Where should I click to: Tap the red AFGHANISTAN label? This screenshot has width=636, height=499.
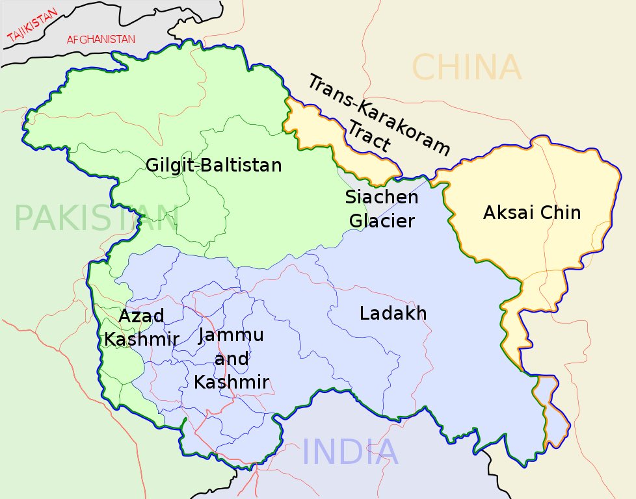(x=101, y=40)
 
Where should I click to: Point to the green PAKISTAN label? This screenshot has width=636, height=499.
(x=96, y=218)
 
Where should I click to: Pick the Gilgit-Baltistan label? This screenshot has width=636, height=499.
(x=213, y=165)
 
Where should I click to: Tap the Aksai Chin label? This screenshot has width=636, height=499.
(x=531, y=212)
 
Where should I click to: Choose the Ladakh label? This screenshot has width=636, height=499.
(x=393, y=313)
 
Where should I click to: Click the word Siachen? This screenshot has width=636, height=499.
(x=381, y=196)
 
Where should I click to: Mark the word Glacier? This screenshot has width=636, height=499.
(x=382, y=221)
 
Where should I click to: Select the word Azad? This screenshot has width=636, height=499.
(x=141, y=316)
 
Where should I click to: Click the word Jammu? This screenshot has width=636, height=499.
(x=232, y=335)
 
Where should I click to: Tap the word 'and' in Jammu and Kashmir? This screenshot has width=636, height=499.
(x=232, y=359)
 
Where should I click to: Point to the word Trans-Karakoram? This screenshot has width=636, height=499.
(x=378, y=114)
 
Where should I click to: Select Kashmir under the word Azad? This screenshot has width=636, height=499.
(x=141, y=339)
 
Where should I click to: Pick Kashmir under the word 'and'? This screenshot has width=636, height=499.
(x=232, y=382)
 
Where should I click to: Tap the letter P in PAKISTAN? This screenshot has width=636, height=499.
(x=25, y=218)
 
